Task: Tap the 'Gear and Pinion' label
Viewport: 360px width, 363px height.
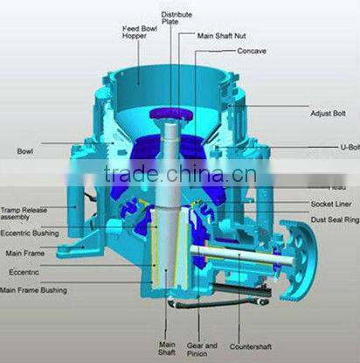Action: pyautogui.click(x=203, y=348)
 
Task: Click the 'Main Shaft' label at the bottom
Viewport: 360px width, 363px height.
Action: pyautogui.click(x=166, y=348)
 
